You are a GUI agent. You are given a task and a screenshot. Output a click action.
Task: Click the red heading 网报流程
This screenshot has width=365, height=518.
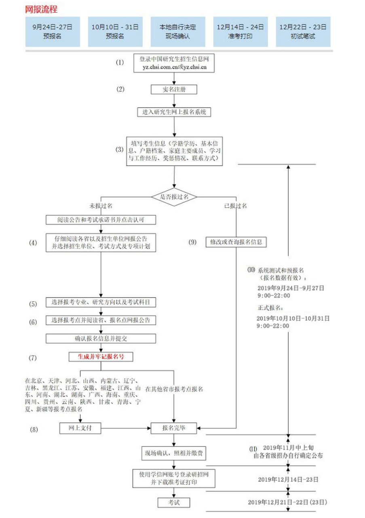(41, 9)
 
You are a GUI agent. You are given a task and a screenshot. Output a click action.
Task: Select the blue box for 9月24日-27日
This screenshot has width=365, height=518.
(53, 32)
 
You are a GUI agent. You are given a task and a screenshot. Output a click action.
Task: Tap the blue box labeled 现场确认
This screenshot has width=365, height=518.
(178, 32)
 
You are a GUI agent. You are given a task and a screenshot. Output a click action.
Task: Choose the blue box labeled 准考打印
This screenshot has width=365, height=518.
(240, 32)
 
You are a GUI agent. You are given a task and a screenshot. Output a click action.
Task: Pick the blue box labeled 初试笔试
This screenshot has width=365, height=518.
(303, 32)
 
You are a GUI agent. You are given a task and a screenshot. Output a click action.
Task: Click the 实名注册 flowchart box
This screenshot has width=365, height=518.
(174, 90)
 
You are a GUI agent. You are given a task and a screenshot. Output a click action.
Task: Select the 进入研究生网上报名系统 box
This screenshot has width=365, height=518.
(174, 113)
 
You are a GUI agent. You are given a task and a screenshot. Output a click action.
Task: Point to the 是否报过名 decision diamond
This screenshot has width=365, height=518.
(174, 197)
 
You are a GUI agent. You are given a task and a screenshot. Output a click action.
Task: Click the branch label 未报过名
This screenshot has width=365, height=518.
(101, 206)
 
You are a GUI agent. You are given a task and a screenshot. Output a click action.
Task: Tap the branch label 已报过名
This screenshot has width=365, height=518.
(236, 206)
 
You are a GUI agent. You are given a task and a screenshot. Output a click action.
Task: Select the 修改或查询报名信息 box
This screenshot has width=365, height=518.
(236, 242)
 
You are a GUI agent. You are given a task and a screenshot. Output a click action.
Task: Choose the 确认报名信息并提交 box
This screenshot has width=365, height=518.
(101, 339)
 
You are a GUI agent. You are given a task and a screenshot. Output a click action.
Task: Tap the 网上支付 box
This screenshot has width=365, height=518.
(80, 428)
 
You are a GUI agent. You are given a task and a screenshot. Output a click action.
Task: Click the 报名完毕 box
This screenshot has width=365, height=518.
(174, 428)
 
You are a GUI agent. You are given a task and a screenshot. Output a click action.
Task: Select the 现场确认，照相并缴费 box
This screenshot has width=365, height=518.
(174, 453)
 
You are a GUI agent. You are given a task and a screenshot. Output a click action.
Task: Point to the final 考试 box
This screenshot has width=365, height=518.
(174, 502)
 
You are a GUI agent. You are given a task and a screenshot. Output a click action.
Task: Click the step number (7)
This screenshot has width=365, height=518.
(33, 358)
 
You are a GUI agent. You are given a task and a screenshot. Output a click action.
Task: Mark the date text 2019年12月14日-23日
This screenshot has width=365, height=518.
(288, 480)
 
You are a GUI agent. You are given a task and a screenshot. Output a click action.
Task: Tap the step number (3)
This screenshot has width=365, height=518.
(120, 150)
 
